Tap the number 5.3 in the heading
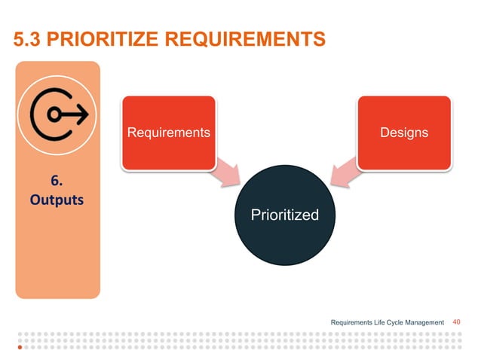click(28, 38)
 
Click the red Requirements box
click(168, 133)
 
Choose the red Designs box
click(404, 133)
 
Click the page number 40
click(456, 322)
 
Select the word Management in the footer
click(423, 323)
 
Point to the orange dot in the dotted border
click(20, 349)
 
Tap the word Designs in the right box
click(404, 133)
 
